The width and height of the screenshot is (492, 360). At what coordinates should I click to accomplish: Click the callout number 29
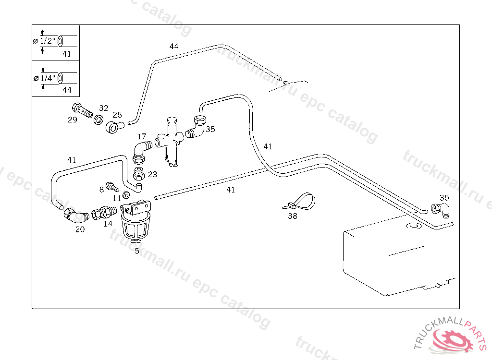(x=72, y=120)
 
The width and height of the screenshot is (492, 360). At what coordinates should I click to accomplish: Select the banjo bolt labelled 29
(x=83, y=111)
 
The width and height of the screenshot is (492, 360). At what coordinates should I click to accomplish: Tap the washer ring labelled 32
(x=98, y=119)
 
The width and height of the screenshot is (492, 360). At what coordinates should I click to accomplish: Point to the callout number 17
(x=141, y=137)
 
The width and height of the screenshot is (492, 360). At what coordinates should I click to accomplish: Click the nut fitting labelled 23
(x=139, y=173)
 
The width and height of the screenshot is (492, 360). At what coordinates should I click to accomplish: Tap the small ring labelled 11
(x=126, y=195)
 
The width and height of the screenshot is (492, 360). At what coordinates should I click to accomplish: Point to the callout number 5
(x=137, y=251)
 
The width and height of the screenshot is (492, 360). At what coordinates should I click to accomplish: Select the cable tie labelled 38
(x=301, y=201)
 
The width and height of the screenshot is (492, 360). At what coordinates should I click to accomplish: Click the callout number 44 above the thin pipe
(x=174, y=46)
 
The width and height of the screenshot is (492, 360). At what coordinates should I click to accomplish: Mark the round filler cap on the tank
(x=413, y=225)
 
